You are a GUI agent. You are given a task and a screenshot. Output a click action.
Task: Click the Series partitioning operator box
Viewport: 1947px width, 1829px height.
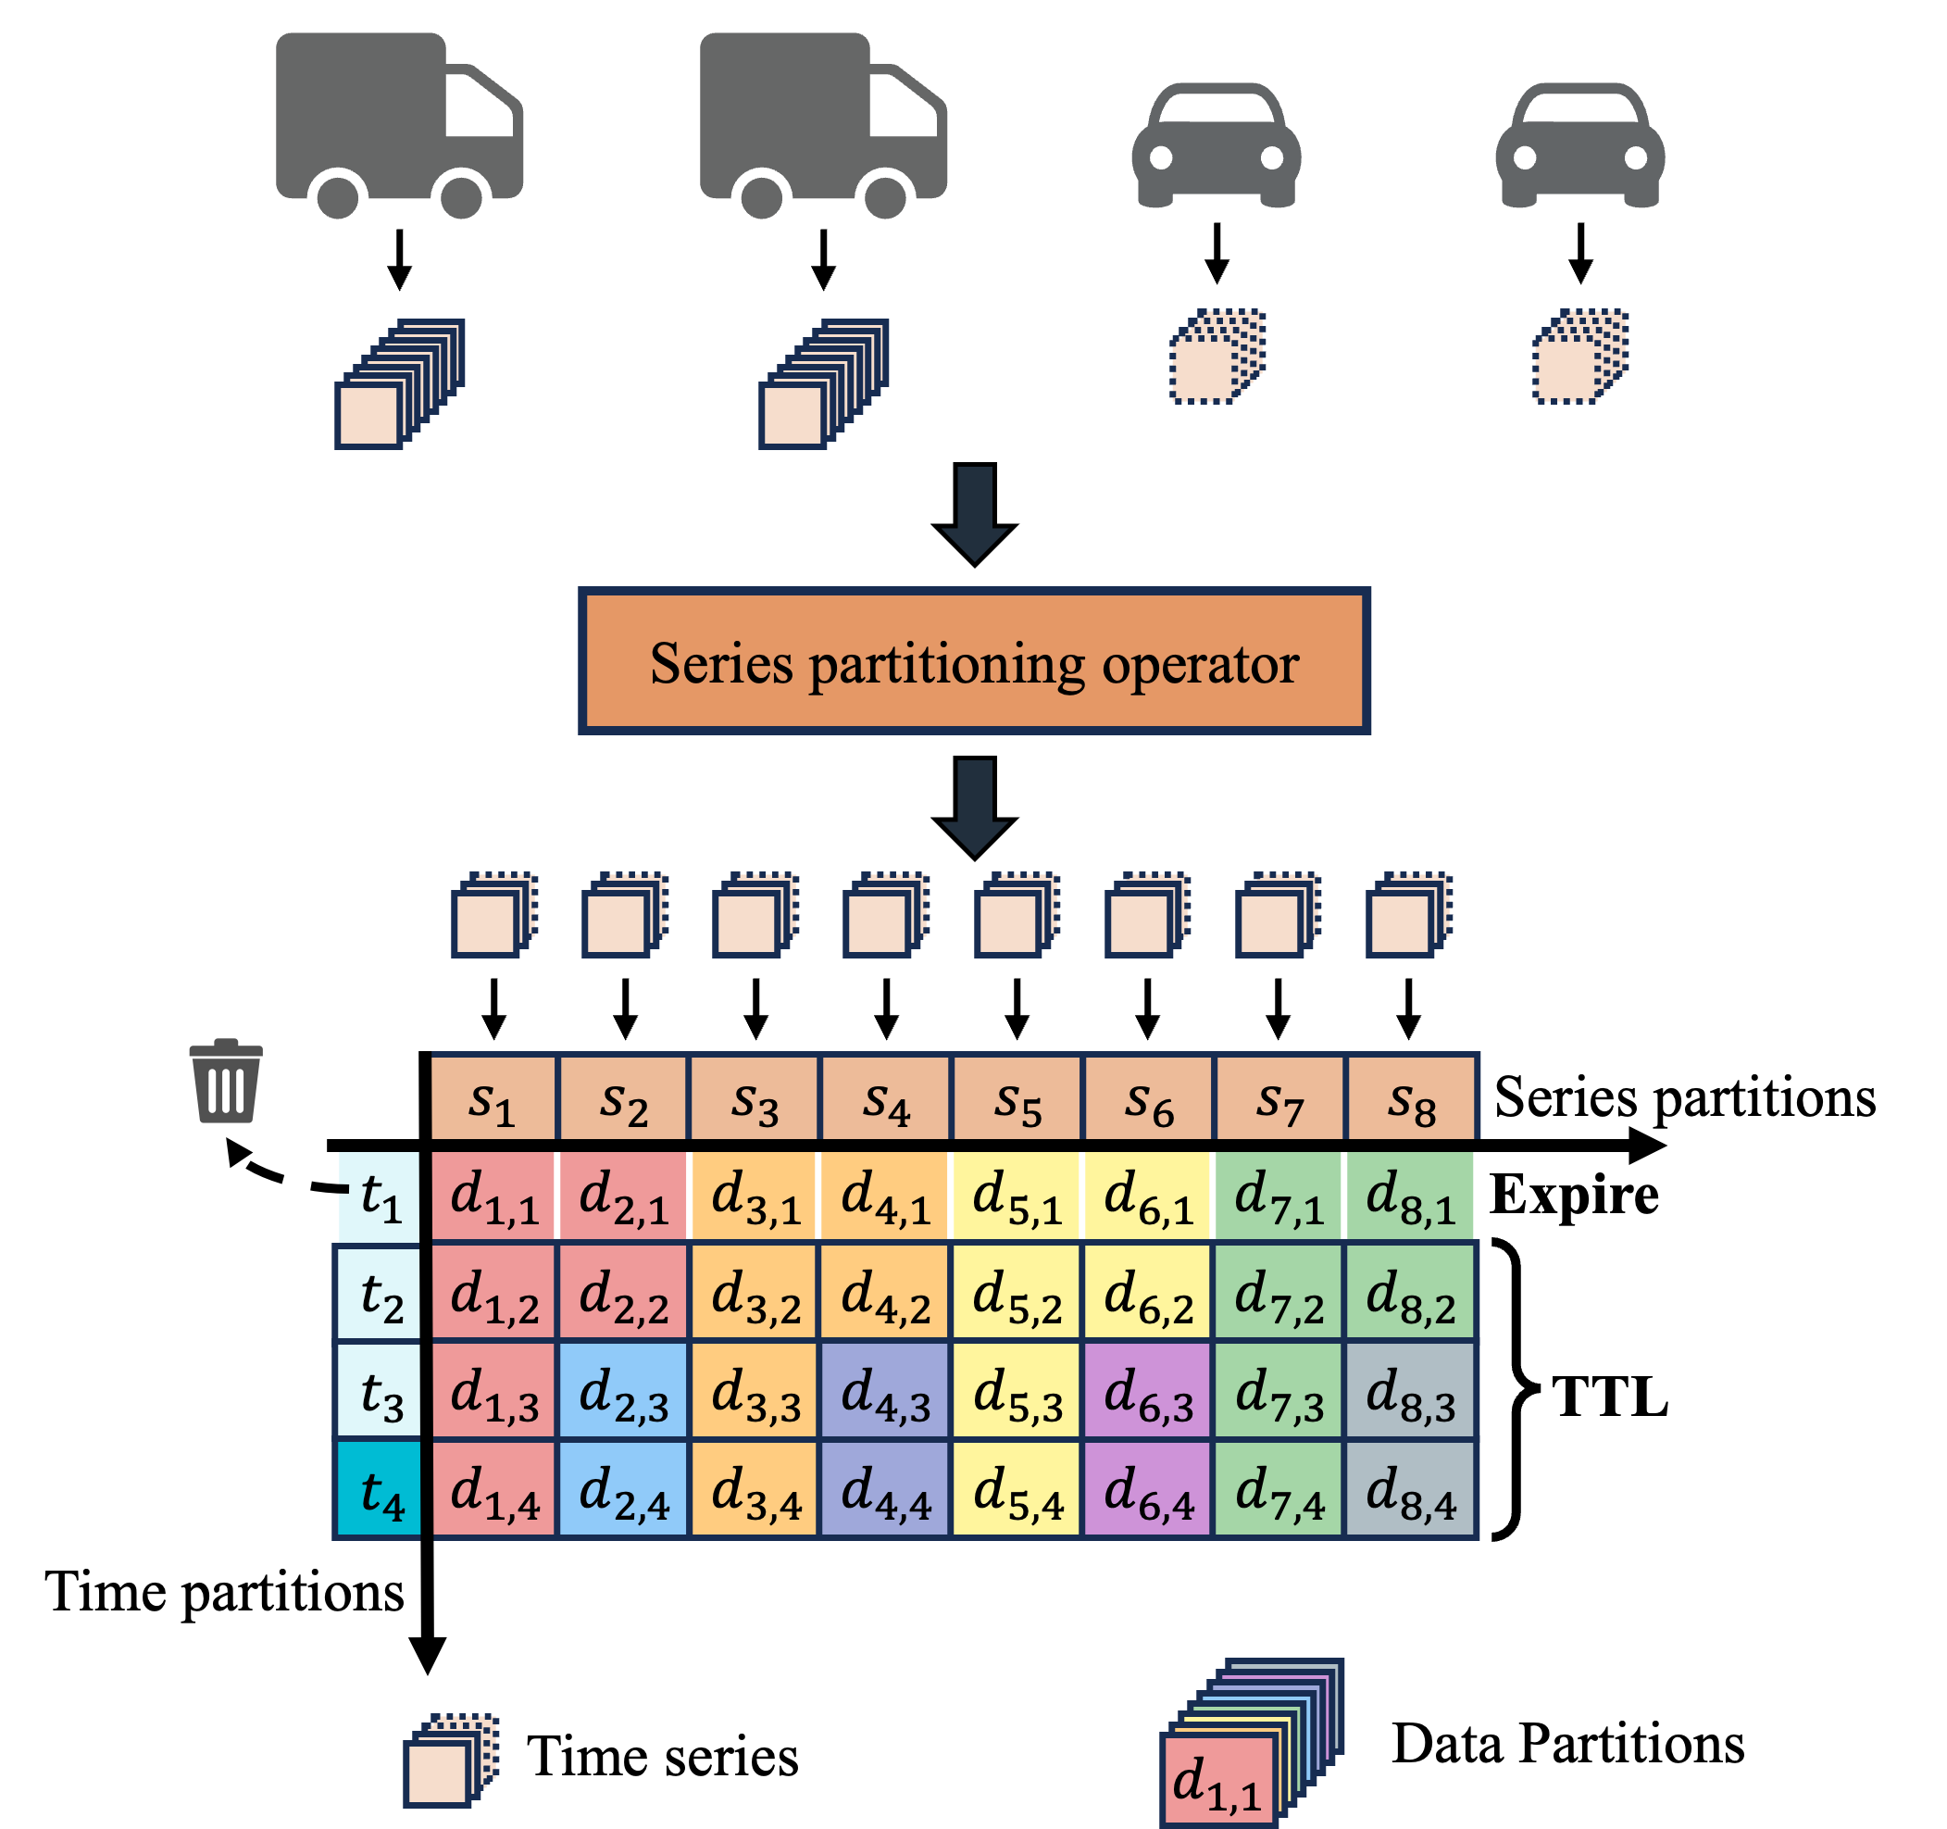tap(974, 661)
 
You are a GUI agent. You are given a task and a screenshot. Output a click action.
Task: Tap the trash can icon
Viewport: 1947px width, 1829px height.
tap(226, 1082)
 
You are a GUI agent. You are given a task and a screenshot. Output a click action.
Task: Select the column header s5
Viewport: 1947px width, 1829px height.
tap(1017, 1098)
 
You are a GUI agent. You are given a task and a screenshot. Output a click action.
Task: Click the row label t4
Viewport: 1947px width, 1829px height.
tap(379, 1490)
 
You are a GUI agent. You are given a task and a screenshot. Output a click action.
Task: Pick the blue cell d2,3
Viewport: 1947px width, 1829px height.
tap(623, 1391)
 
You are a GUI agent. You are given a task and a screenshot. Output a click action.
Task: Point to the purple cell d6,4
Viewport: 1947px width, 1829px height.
tap(1148, 1490)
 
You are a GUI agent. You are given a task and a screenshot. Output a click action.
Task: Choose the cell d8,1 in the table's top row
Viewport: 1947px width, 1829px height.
tap(1410, 1196)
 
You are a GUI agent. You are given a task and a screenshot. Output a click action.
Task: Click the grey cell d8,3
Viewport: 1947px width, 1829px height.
tap(1410, 1391)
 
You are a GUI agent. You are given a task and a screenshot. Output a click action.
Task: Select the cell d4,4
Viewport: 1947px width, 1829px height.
tap(885, 1490)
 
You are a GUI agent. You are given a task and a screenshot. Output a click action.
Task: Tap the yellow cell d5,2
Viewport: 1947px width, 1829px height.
tap(1017, 1293)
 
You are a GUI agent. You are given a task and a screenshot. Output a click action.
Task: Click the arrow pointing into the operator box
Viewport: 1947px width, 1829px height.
tap(975, 512)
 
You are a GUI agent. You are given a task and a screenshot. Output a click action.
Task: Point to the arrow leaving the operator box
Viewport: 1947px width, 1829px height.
tap(975, 807)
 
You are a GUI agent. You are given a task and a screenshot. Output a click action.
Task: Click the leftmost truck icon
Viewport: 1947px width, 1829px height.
tap(399, 124)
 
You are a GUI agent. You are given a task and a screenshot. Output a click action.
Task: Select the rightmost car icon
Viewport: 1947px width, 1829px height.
tap(1579, 145)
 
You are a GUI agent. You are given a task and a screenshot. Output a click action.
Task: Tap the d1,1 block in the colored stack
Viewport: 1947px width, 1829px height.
tap(1218, 1779)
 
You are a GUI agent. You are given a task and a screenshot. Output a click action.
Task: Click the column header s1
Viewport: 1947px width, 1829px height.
tap(493, 1098)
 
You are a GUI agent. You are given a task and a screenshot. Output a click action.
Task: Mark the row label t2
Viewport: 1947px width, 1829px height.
tap(379, 1293)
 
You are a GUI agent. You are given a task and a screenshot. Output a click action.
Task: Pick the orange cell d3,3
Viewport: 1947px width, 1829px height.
tap(755, 1391)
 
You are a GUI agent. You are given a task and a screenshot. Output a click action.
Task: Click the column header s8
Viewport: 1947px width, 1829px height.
tap(1410, 1098)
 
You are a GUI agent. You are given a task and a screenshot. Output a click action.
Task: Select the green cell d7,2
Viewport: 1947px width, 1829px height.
tap(1279, 1293)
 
